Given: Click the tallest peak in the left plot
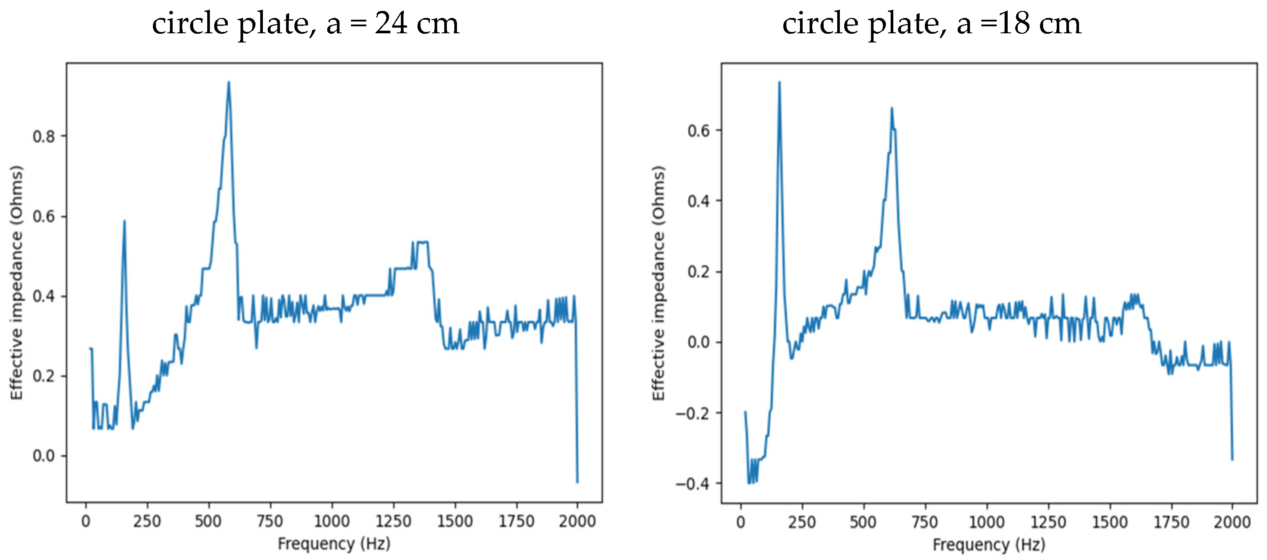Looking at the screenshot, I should pyautogui.click(x=228, y=83).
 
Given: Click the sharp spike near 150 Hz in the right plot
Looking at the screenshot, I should pyautogui.click(x=779, y=83).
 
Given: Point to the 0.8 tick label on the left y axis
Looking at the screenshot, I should pyautogui.click(x=44, y=136).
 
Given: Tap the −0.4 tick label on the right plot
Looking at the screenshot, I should pyautogui.click(x=692, y=484).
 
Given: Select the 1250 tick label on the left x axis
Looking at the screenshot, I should pyautogui.click(x=393, y=521).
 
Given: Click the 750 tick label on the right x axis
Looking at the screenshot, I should pyautogui.click(x=925, y=521).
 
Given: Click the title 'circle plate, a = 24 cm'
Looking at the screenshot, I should pyautogui.click(x=305, y=24).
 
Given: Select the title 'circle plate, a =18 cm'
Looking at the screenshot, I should pyautogui.click(x=931, y=24).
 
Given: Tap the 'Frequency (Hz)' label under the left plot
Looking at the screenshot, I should pyautogui.click(x=334, y=544).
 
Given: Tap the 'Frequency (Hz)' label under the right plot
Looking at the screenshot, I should pyautogui.click(x=989, y=544).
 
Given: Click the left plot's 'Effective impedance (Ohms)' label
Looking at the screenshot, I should pyautogui.click(x=17, y=283).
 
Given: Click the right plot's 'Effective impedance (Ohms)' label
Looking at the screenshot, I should pyautogui.click(x=658, y=283).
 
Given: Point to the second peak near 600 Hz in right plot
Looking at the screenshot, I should pyautogui.click(x=892, y=109).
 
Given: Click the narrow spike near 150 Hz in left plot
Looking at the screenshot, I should pyautogui.click(x=124, y=221).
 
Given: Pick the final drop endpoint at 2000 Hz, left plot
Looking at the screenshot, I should pyautogui.click(x=577, y=482).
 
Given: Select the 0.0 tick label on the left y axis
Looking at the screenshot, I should pyautogui.click(x=44, y=456).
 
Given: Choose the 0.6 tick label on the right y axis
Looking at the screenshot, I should pyautogui.click(x=698, y=131).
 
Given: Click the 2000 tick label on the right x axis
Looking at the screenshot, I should pyautogui.click(x=1232, y=521).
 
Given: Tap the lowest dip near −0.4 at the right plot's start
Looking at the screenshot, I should pyautogui.click(x=750, y=483).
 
